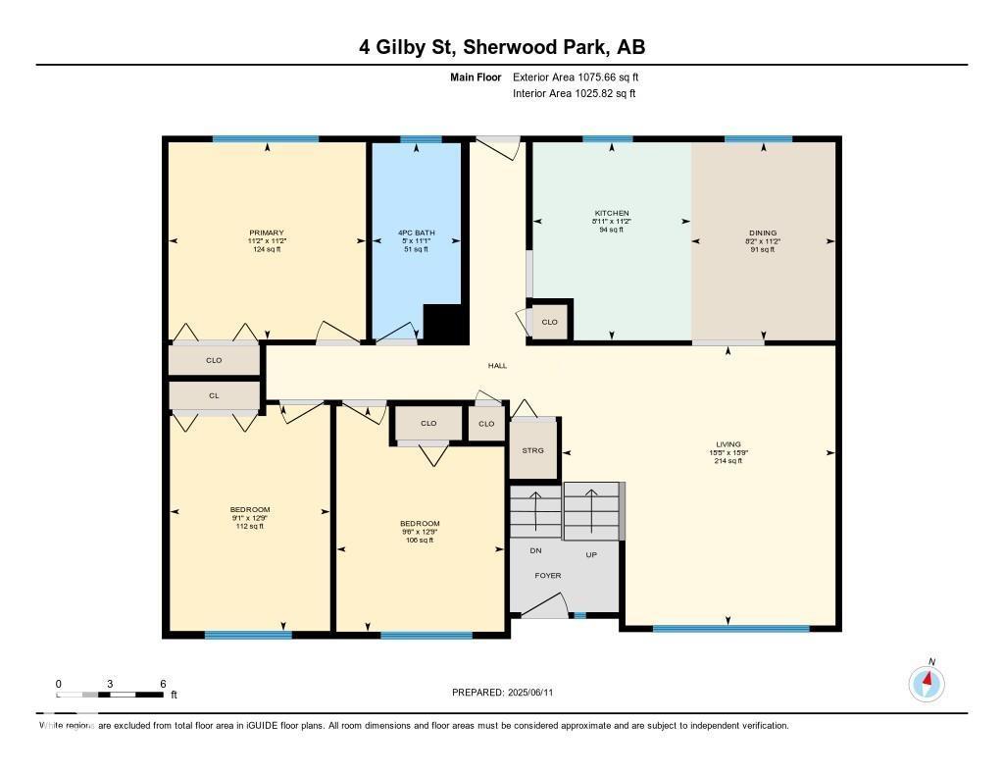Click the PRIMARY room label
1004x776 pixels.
click(266, 233)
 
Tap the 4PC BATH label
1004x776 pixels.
click(416, 233)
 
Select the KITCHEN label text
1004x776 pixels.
click(612, 213)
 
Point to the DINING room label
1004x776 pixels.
click(763, 233)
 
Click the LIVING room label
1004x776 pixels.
click(728, 444)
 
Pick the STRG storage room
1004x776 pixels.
click(533, 450)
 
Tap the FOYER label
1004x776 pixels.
click(548, 575)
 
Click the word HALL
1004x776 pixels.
click(498, 366)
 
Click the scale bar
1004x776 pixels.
click(110, 695)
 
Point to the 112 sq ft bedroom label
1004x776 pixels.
click(250, 517)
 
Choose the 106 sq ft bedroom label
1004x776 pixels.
click(420, 531)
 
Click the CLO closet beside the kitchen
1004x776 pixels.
click(550, 322)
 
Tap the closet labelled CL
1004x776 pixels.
click(214, 395)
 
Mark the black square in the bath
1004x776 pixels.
click(443, 323)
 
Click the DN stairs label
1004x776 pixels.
click(535, 550)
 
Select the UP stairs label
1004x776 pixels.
click(591, 554)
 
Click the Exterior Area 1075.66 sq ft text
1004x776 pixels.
click(576, 77)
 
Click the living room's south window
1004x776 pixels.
click(730, 628)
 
